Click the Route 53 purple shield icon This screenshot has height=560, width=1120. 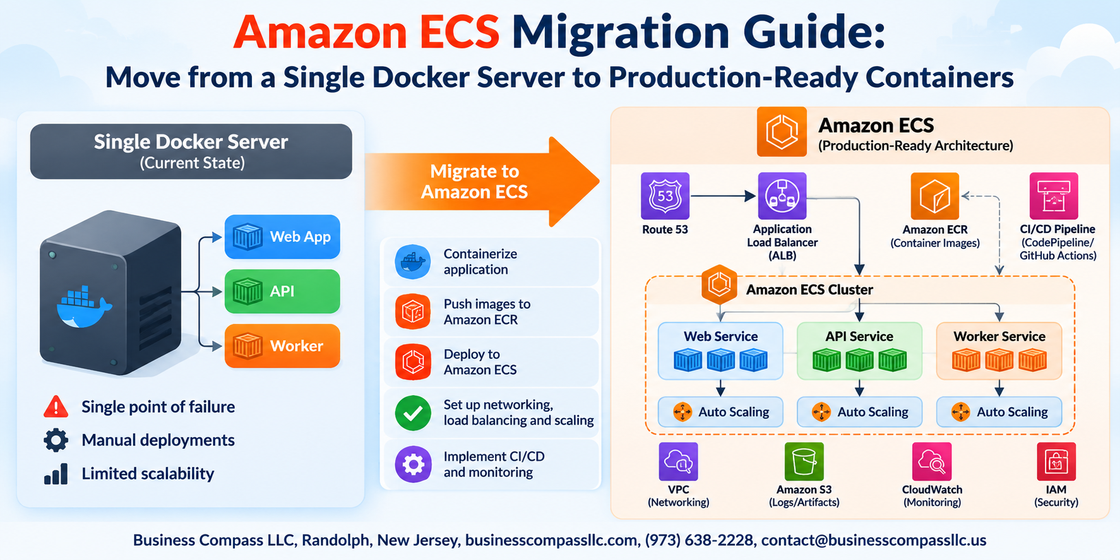(x=665, y=196)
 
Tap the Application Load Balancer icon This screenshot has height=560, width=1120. (x=782, y=196)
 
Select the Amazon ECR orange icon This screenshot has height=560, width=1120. (x=934, y=196)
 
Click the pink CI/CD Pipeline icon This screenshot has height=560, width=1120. (x=1054, y=196)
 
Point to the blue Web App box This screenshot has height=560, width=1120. (x=282, y=237)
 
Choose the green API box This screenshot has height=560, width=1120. (x=282, y=291)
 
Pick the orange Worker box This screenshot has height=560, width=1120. (x=282, y=346)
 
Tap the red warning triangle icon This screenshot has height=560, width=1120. (x=56, y=407)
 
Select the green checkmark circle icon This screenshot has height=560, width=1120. (x=413, y=413)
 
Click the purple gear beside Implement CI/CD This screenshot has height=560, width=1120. (x=413, y=465)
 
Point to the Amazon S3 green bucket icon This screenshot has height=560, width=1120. (x=804, y=462)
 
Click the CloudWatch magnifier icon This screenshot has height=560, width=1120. (x=932, y=462)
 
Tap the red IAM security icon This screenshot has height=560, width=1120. (x=1056, y=462)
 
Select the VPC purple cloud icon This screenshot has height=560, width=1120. (x=678, y=462)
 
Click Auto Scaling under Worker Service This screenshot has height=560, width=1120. (x=999, y=412)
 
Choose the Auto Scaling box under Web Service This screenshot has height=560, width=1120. (x=720, y=412)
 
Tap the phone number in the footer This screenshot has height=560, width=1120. (x=699, y=540)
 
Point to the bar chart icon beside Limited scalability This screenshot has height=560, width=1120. (x=56, y=474)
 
